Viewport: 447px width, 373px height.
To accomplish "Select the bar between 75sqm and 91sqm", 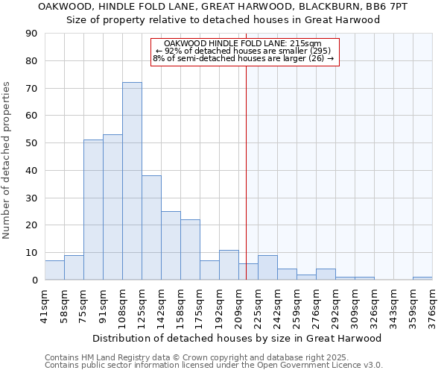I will click(x=93, y=210).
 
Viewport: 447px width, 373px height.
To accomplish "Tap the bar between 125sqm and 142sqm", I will click(x=151, y=228).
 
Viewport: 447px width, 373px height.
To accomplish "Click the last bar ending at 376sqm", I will click(x=422, y=278).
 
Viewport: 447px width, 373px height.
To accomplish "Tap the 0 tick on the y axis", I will click(x=34, y=280).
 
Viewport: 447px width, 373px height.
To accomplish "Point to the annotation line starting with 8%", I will click(x=244, y=58).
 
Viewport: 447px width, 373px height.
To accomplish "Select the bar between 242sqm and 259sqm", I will click(x=287, y=275).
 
